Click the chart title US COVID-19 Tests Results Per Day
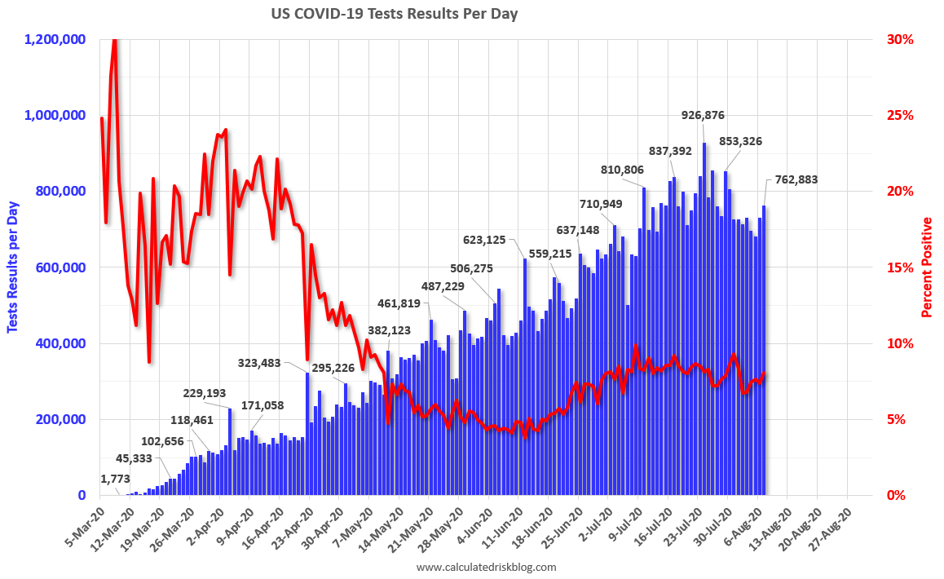tap(394, 14)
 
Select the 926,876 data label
tap(703, 115)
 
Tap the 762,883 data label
tap(796, 180)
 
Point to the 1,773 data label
tap(117, 479)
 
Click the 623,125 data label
tap(484, 240)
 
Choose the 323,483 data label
tap(265, 362)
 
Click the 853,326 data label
tap(740, 141)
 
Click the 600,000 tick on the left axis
tap(62, 267)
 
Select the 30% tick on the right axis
tap(900, 39)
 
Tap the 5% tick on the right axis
tap(897, 419)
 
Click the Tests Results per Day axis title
tap(13, 267)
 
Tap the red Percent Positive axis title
tap(927, 267)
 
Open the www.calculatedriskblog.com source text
tap(486, 567)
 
